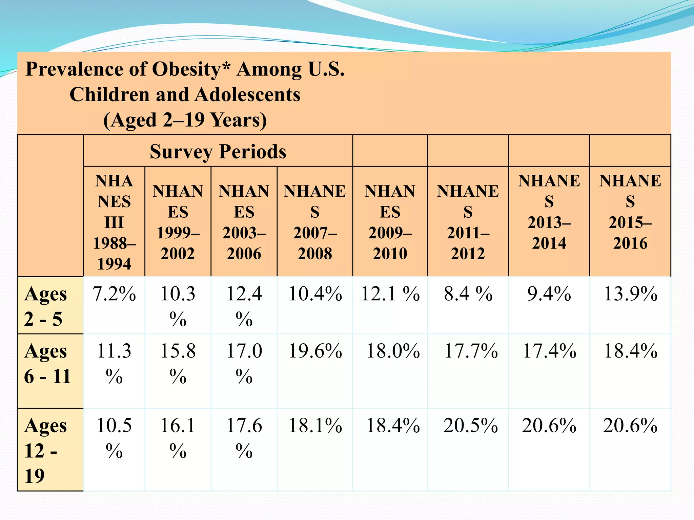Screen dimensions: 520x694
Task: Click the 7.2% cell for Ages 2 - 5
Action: point(114,294)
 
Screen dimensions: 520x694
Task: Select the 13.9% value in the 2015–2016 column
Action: point(630,294)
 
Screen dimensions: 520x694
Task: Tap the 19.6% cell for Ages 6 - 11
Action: point(315,351)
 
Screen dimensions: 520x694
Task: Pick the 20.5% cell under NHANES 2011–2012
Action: point(471,426)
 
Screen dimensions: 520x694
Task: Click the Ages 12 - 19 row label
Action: point(45,450)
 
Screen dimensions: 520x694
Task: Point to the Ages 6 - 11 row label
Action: point(47,364)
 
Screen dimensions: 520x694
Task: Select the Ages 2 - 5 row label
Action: point(45,306)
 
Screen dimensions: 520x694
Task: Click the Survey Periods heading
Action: point(218,151)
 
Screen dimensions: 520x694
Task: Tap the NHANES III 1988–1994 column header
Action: point(114,222)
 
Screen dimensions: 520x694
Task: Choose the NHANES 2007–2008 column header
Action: point(315,222)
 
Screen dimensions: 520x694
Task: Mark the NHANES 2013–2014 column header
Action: point(549,212)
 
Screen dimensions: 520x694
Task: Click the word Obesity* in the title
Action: point(191,69)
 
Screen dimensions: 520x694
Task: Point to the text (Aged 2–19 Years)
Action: point(185,120)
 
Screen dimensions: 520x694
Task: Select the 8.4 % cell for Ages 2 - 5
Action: point(468,294)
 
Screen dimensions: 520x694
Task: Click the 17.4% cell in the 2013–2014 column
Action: point(549,351)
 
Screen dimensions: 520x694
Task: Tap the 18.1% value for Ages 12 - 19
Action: point(315,426)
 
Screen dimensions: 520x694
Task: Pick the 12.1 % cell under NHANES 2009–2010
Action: point(390,294)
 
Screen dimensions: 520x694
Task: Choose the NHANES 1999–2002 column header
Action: point(178,222)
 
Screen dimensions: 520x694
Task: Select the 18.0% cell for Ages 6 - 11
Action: point(393,351)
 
